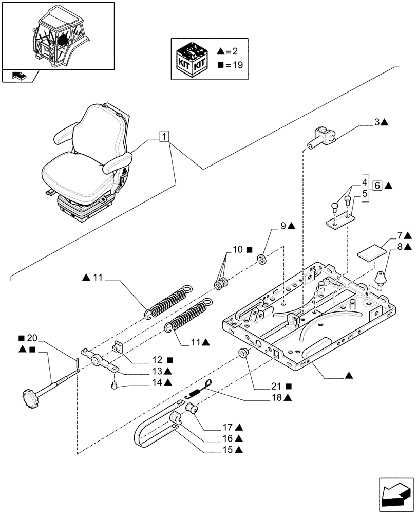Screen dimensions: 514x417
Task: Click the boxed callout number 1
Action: pos(163,137)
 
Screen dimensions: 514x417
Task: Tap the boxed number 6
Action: pos(376,186)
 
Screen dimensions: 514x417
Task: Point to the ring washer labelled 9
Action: pos(262,259)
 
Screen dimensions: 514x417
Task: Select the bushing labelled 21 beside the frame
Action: pos(243,354)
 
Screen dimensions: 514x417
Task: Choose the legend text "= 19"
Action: pos(230,65)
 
